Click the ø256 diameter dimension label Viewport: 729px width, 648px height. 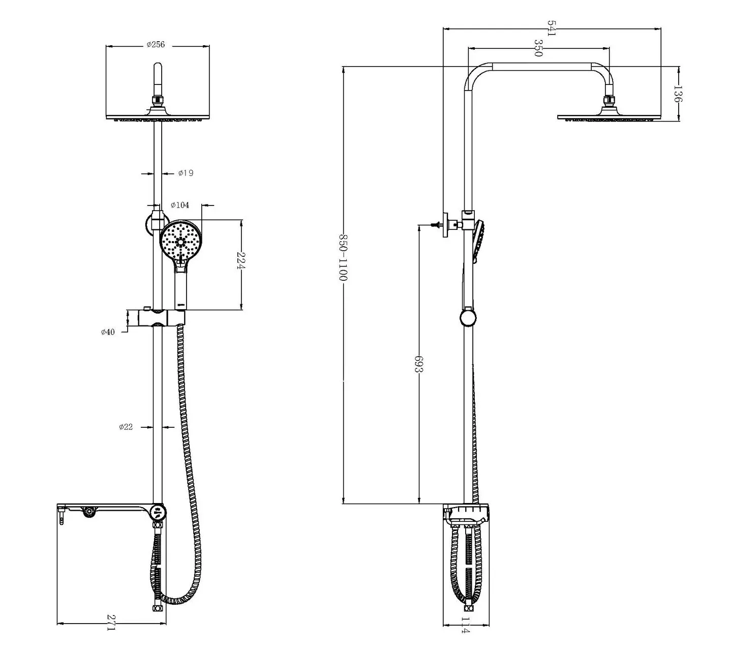(156, 45)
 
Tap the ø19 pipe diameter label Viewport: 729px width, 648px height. (186, 173)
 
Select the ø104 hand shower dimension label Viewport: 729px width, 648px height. (180, 205)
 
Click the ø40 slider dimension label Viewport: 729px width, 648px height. (108, 332)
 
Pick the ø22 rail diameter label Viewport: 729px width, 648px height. (126, 427)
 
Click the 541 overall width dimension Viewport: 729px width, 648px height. (552, 28)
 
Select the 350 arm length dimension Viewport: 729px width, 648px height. (537, 48)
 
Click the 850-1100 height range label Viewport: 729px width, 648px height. (343, 258)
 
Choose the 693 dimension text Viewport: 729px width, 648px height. (419, 365)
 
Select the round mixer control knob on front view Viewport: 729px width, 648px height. (158, 512)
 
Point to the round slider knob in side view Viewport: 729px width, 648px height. (468, 318)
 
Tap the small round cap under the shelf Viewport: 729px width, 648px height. (88, 512)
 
